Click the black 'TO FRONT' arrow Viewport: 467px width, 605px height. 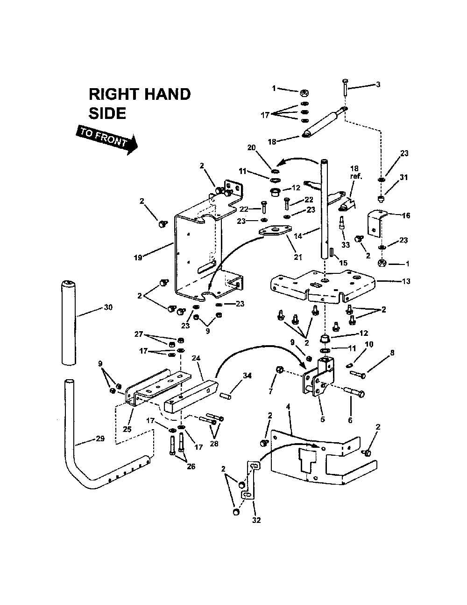106,139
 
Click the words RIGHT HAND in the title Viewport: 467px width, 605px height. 140,94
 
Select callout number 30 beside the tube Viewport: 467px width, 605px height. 108,307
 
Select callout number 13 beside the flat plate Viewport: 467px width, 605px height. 406,281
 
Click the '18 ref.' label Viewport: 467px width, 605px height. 356,173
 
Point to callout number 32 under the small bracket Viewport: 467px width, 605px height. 255,521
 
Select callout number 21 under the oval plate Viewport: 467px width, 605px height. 297,257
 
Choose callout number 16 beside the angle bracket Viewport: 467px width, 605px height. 406,216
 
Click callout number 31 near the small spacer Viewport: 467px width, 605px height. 404,177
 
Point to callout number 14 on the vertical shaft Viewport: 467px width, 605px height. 297,236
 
